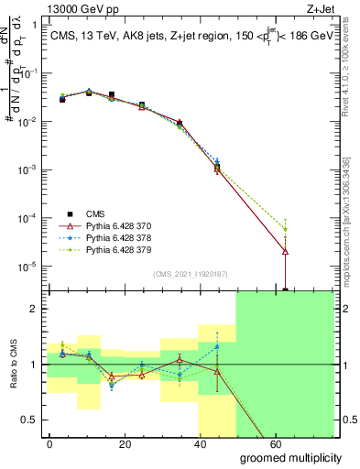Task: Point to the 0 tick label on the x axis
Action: (x=50, y=442)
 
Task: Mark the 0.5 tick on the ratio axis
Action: (x=30, y=420)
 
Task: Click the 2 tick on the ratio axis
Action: (x=34, y=310)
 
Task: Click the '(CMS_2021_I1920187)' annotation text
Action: (x=190, y=273)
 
